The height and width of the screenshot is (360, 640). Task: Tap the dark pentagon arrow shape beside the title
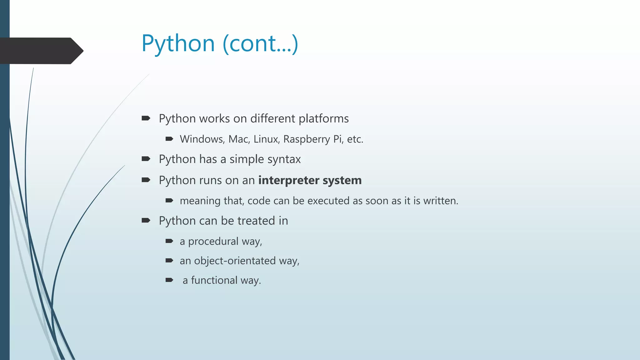coord(41,51)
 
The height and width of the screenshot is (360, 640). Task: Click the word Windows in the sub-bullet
coord(202,139)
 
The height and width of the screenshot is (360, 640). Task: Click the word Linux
coord(266,139)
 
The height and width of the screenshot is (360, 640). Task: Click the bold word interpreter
coord(289,180)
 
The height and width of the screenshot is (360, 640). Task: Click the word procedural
coord(213,241)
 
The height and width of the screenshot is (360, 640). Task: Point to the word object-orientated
coord(235,261)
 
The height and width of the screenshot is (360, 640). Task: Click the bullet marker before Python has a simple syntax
coord(146,159)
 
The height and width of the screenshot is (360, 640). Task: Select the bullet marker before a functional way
coord(169,280)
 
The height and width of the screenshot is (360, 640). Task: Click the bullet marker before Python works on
coord(146,118)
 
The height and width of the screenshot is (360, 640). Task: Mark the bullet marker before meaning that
coord(169,201)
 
